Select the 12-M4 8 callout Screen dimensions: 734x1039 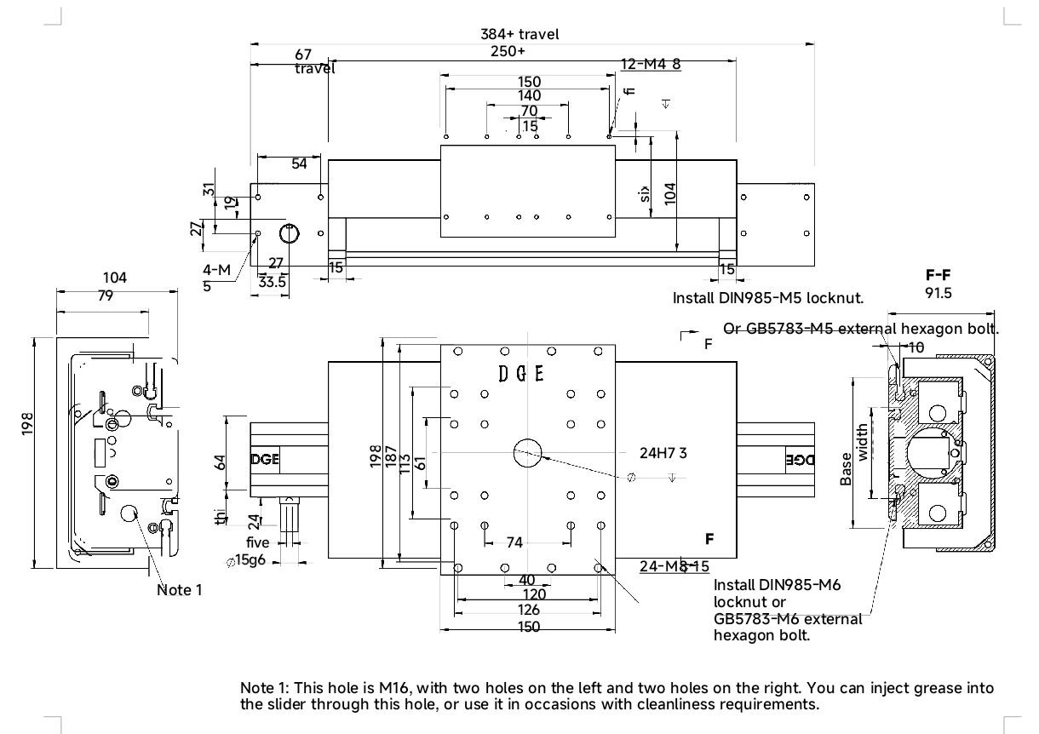pyautogui.click(x=651, y=64)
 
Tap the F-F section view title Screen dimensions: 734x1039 pyautogui.click(x=938, y=275)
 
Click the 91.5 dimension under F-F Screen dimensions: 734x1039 pyautogui.click(x=938, y=293)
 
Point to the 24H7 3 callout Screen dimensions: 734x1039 pyautogui.click(x=663, y=453)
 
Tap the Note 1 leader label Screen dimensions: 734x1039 pyautogui.click(x=179, y=589)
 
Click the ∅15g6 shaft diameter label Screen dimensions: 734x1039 pyautogui.click(x=244, y=561)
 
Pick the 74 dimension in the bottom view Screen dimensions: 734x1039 pyautogui.click(x=514, y=542)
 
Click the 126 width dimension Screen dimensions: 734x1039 pyautogui.click(x=529, y=610)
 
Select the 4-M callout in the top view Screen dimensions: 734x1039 pyautogui.click(x=216, y=270)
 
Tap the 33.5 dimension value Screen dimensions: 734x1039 pyautogui.click(x=272, y=282)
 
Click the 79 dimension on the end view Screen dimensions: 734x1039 pyautogui.click(x=105, y=296)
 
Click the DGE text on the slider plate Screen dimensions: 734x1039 pyautogui.click(x=521, y=373)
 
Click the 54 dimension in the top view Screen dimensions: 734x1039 pyautogui.click(x=299, y=163)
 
